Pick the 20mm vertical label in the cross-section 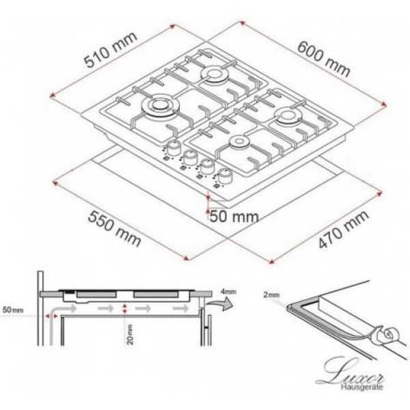(128, 333)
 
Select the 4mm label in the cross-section (229, 292)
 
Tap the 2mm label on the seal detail (271, 295)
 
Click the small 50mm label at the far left (13, 310)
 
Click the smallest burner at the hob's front (240, 143)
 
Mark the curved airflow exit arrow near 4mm (219, 309)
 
